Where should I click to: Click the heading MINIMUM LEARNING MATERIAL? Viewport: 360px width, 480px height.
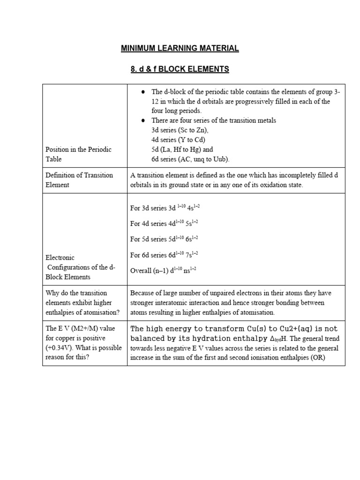tap(180, 48)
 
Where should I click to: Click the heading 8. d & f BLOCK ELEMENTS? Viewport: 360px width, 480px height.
tap(180, 69)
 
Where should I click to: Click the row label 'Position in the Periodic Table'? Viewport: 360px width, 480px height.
tap(78, 154)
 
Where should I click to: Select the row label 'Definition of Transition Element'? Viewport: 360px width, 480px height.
tap(79, 180)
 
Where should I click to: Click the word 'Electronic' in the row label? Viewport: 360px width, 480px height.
tap(60, 257)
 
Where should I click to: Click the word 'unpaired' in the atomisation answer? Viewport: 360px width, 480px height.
tap(224, 293)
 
